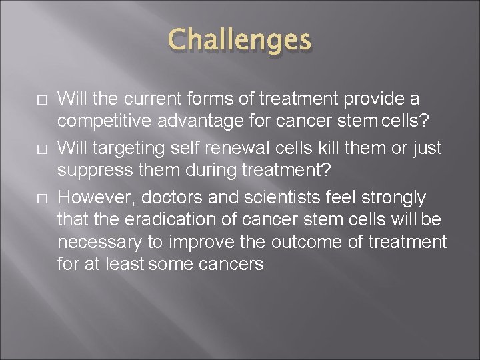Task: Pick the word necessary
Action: (x=95, y=241)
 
